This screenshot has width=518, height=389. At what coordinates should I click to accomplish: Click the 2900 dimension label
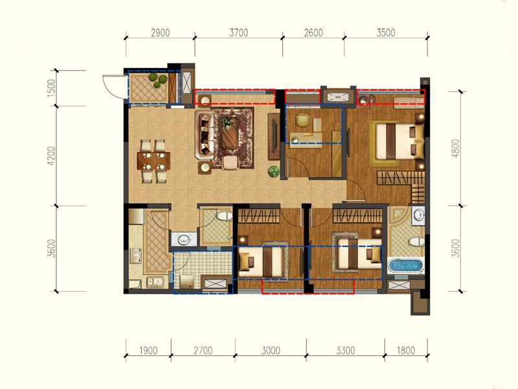[160, 33]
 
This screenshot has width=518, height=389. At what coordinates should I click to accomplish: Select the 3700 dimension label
[238, 33]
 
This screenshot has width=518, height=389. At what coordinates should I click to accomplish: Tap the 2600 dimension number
[313, 33]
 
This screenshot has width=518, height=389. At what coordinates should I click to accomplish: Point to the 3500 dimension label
[386, 33]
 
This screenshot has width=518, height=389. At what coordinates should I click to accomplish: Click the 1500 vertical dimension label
[52, 88]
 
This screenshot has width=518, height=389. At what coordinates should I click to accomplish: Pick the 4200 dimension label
[52, 156]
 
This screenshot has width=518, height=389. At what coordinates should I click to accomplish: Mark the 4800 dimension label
[456, 148]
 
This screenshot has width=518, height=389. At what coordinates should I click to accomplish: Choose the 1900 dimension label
[148, 350]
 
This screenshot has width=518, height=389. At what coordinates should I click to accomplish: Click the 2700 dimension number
[203, 350]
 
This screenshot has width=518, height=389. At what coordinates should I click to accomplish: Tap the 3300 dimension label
[346, 350]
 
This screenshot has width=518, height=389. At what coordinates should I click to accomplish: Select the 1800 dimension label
[406, 350]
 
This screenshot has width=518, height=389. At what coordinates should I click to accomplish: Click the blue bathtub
[405, 266]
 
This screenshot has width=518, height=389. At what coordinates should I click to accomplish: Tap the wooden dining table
[154, 161]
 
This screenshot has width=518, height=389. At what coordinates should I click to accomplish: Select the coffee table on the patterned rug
[229, 133]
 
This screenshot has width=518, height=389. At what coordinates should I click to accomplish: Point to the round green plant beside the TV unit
[274, 171]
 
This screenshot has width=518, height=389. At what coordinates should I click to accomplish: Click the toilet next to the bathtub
[416, 242]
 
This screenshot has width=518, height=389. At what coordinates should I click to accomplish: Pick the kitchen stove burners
[136, 255]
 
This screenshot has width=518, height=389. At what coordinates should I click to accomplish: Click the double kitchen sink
[155, 282]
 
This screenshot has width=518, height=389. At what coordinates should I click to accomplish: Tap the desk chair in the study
[301, 120]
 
